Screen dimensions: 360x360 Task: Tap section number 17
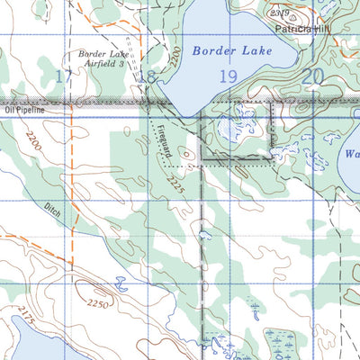click(60, 76)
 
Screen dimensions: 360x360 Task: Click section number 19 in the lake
click(228, 77)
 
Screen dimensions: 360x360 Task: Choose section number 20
click(312, 77)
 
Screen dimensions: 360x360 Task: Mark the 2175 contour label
click(24, 316)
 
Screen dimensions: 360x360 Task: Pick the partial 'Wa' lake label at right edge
click(351, 154)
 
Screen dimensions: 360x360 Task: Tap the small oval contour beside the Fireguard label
click(186, 154)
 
